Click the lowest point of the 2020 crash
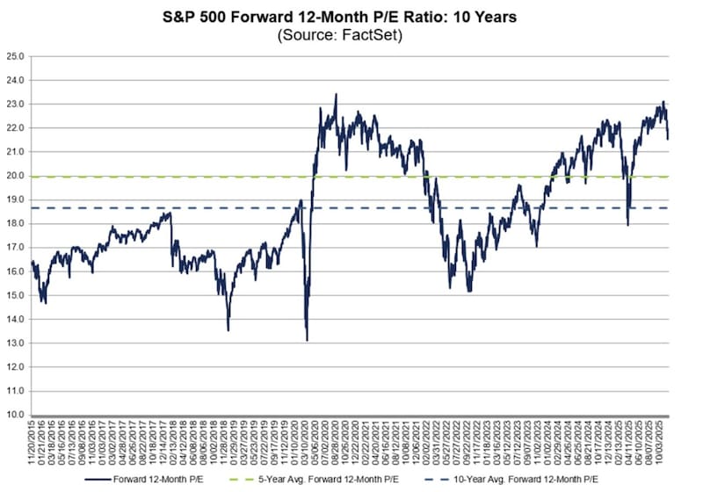(307, 340)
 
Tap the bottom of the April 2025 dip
(627, 225)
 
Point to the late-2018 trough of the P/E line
(228, 329)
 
